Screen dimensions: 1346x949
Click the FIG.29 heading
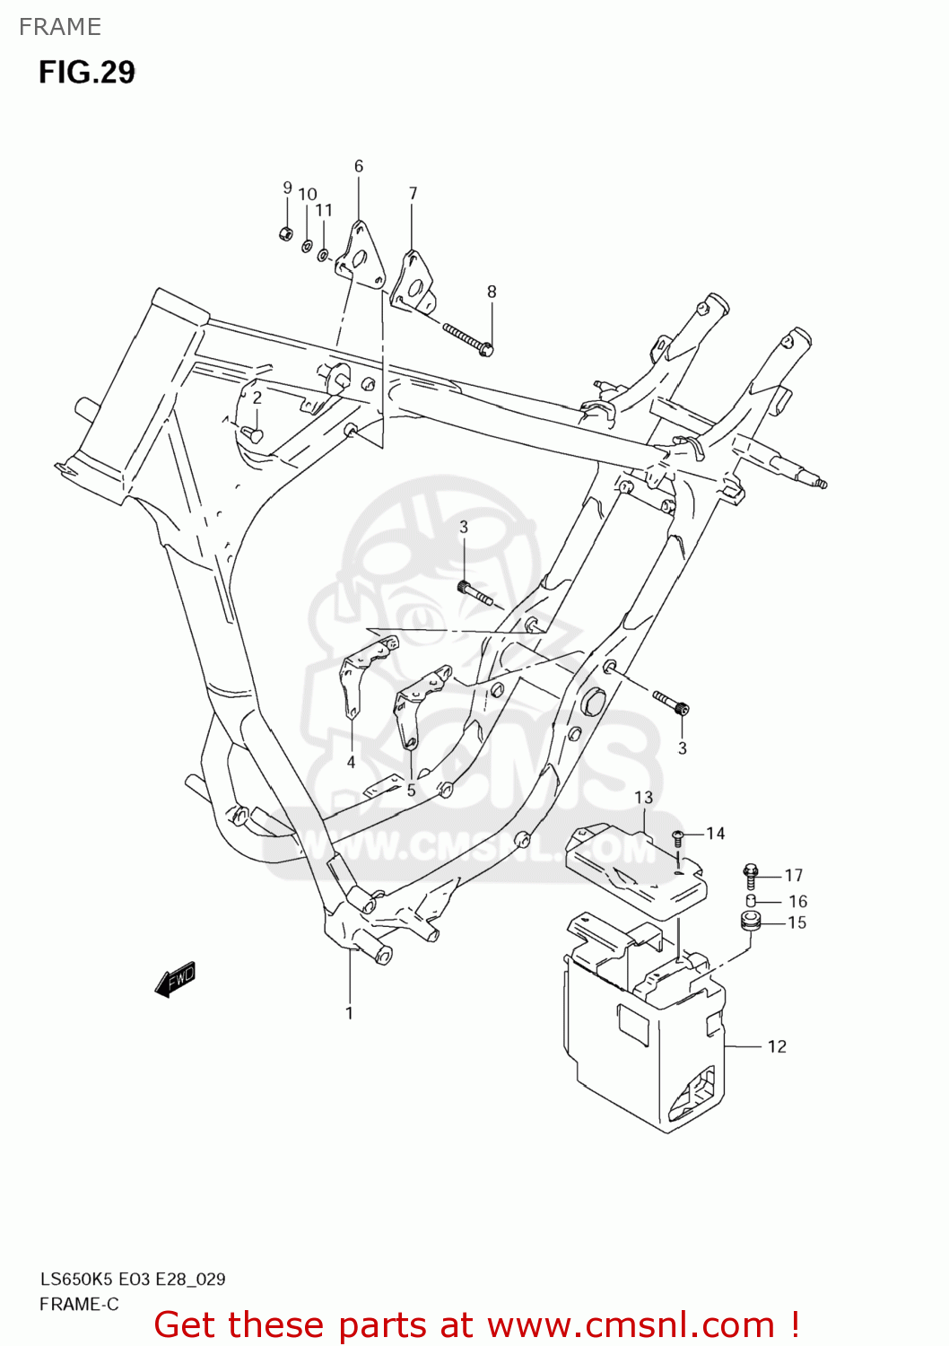pos(86,72)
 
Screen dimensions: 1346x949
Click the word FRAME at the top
pos(60,27)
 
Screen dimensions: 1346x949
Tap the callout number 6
pos(359,166)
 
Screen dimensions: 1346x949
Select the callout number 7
pos(413,193)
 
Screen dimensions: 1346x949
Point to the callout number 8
pos(492,292)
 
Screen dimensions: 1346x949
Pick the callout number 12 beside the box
pos(777,1046)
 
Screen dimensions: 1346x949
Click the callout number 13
pos(643,797)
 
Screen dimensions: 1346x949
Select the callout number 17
pos(794,875)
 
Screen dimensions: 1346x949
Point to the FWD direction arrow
pos(175,980)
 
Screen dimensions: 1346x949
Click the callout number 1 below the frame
pos(349,1013)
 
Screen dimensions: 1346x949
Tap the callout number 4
pos(351,762)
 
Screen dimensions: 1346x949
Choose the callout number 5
pos(411,791)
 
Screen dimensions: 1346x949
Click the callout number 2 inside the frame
pos(257,398)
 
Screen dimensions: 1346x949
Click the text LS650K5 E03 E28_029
pos(132,1279)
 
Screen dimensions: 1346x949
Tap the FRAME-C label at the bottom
pos(79,1304)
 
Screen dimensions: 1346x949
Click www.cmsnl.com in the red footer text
pos(631,1324)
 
